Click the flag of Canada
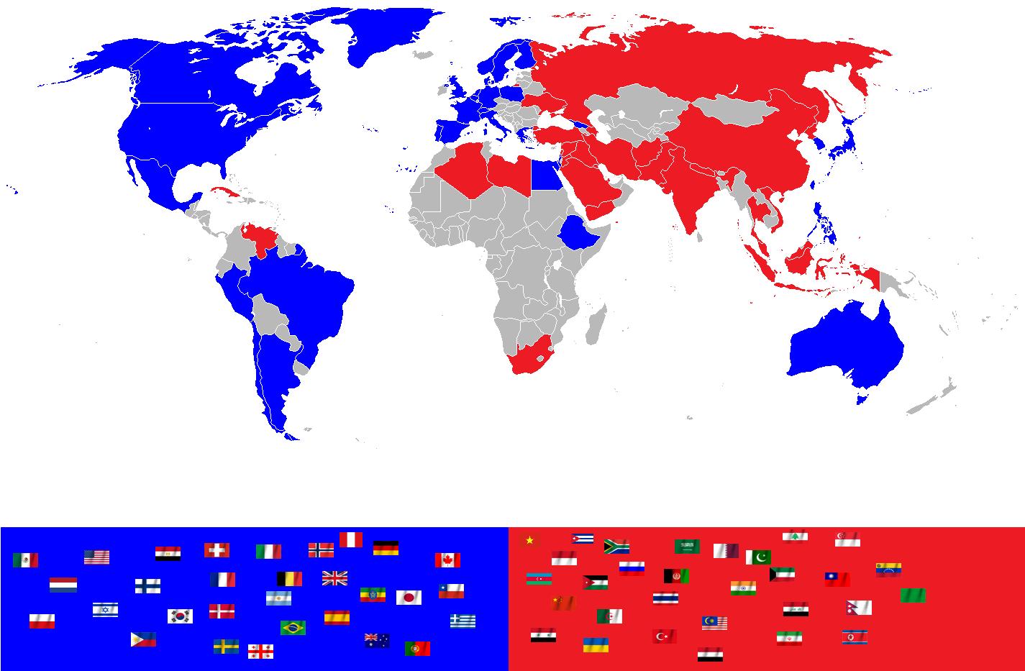tap(447, 560)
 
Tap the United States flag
tap(96, 557)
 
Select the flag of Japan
tap(409, 597)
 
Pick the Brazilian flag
tap(293, 627)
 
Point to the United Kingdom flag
tap(334, 578)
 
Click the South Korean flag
tap(180, 616)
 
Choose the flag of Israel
tap(105, 610)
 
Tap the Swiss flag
tap(217, 550)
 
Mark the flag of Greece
tap(463, 620)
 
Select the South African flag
tap(616, 546)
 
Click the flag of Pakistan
tap(758, 557)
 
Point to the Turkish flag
tap(664, 636)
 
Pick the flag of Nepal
tap(859, 608)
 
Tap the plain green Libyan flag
tap(913, 595)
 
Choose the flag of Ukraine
tap(596, 644)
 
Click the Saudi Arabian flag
tap(687, 547)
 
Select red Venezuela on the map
tap(261, 237)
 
